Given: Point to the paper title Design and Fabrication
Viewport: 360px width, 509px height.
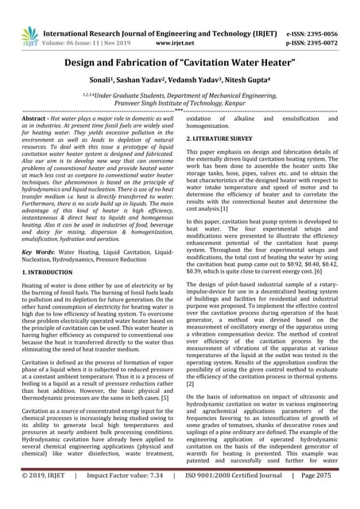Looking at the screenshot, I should coord(180,63).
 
